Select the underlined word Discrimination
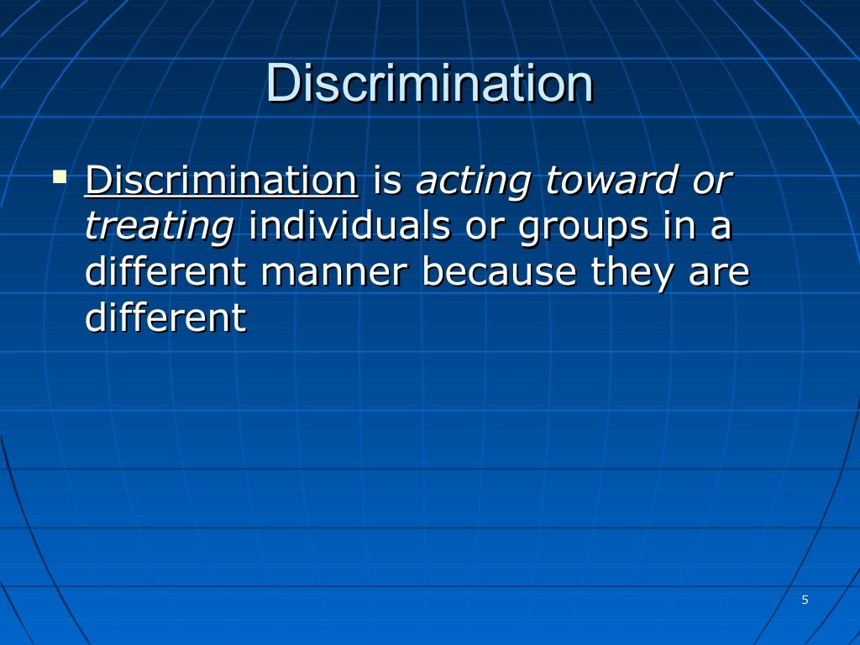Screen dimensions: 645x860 [x=222, y=181]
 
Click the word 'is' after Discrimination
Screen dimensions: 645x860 [x=387, y=181]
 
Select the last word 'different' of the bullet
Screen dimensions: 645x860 [x=165, y=319]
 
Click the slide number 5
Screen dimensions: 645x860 [x=805, y=600]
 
